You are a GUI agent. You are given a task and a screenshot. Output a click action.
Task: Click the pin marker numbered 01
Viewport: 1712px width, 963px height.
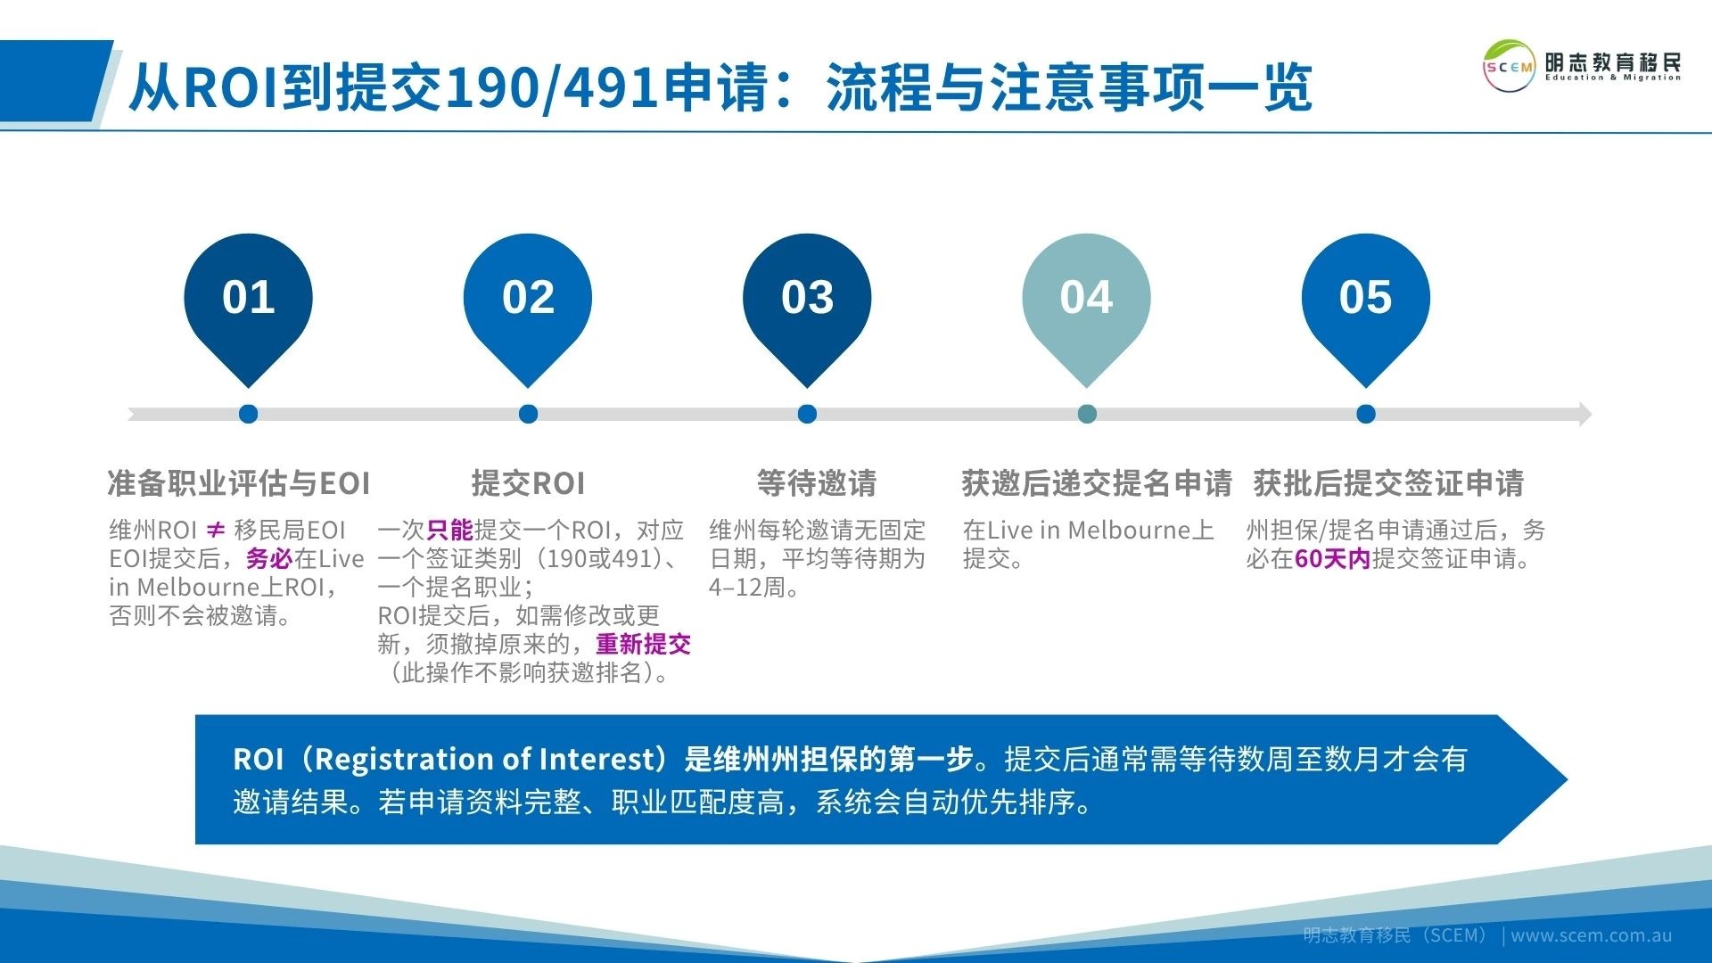248,299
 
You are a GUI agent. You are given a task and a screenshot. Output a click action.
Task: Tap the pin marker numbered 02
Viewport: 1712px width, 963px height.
527,299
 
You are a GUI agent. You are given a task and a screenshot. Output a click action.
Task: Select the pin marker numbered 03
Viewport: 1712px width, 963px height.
806,299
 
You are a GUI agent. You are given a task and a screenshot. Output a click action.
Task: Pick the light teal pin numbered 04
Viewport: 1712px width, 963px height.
1086,299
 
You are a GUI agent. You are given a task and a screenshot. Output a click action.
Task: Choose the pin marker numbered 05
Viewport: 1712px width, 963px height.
1365,299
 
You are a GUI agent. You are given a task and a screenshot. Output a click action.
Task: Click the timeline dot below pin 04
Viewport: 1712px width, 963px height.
1086,414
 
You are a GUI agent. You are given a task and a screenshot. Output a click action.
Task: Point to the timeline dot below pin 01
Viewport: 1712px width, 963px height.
249,414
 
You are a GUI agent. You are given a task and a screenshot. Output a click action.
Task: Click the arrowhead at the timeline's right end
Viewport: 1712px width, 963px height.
1584,414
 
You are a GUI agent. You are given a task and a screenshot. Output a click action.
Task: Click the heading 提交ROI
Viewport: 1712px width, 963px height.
528,483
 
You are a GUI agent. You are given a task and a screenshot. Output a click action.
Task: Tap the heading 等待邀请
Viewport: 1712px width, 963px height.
816,483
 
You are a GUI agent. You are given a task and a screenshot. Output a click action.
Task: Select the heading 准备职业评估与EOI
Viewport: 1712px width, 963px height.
238,483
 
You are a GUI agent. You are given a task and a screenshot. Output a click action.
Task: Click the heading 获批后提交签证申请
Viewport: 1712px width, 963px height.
1388,483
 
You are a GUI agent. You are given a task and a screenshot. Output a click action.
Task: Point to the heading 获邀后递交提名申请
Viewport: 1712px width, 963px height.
1096,483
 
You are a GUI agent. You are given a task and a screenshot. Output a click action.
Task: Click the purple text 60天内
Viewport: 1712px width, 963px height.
1331,559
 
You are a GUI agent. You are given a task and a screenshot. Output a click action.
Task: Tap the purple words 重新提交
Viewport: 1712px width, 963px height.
643,644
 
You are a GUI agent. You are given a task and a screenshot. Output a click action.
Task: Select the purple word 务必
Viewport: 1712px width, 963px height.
269,559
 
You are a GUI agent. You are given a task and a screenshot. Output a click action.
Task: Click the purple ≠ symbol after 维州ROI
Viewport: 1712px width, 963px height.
215,531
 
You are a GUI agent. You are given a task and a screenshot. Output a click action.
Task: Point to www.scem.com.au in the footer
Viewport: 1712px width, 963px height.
1591,935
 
